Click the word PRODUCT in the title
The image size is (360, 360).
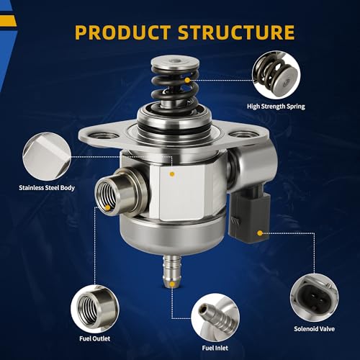click(122, 32)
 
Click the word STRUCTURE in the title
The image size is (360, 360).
click(236, 32)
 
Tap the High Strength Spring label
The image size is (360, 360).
click(276, 107)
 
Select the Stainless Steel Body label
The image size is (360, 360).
click(47, 188)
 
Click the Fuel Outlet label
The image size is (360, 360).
click(95, 338)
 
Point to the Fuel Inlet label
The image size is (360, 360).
click(215, 348)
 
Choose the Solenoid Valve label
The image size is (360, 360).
click(315, 329)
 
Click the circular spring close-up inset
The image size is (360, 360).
click(276, 75)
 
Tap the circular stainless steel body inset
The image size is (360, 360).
click(47, 157)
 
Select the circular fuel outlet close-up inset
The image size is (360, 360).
click(95, 309)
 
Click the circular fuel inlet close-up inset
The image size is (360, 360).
click(215, 318)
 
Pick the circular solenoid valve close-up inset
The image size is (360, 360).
click(315, 297)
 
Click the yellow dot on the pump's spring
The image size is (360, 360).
click(187, 81)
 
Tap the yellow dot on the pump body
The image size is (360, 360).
click(172, 174)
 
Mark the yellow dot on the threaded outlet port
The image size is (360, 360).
click(108, 208)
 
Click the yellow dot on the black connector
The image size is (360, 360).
click(259, 233)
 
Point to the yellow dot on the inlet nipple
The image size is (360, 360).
click(172, 284)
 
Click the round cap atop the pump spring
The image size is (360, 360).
click(175, 63)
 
